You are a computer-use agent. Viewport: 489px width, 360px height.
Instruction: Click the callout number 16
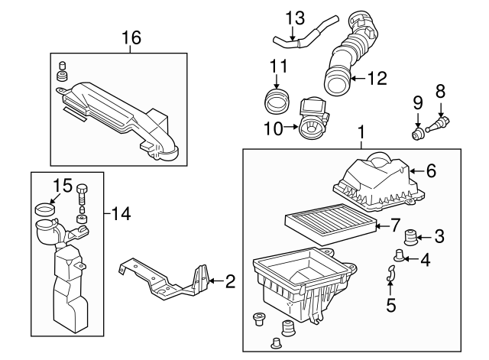[131, 37]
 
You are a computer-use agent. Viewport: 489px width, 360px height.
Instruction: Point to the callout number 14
[121, 212]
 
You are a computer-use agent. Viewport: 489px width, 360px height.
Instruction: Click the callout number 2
[230, 282]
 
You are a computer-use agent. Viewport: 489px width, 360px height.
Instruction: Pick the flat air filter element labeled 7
[331, 222]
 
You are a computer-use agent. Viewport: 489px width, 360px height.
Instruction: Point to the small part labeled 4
[399, 254]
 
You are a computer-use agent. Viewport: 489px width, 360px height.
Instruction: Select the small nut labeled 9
[418, 135]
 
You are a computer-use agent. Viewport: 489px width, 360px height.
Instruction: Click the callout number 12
[377, 78]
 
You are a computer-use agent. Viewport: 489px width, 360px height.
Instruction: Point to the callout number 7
[394, 225]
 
